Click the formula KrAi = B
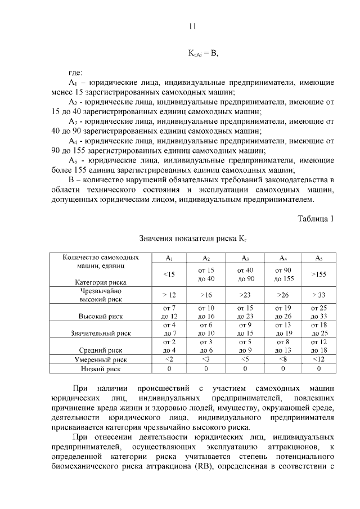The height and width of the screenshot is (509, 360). click(x=202, y=53)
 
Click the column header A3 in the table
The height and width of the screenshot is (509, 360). click(x=246, y=258)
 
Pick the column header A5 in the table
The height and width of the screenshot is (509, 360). click(x=318, y=258)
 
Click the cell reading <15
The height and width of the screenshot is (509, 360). click(x=169, y=274)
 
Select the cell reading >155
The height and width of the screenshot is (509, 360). click(x=318, y=274)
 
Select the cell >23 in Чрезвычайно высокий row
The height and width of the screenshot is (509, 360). click(x=246, y=295)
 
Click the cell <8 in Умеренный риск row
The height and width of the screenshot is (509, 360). click(x=283, y=359)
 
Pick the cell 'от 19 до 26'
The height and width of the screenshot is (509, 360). click(x=283, y=312)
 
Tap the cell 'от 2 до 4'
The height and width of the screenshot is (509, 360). click(x=169, y=346)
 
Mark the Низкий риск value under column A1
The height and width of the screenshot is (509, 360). click(x=169, y=368)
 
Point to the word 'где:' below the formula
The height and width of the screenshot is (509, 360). click(x=75, y=73)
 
